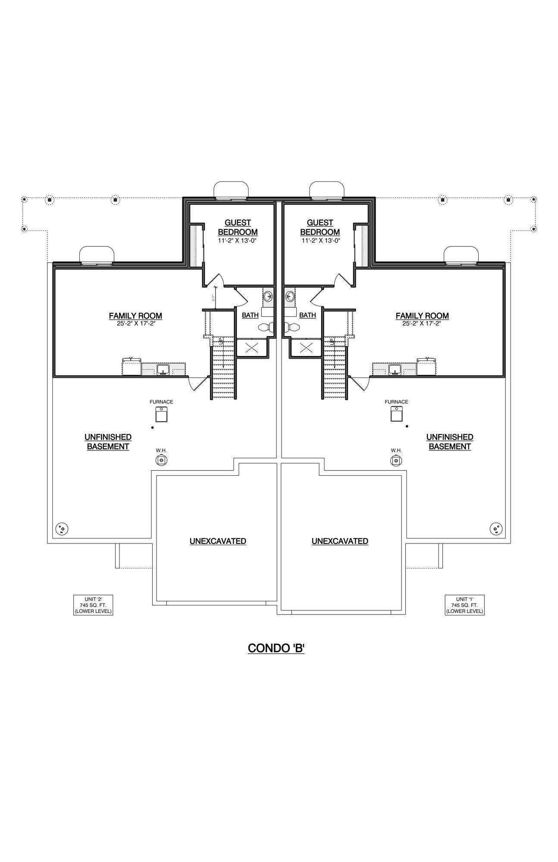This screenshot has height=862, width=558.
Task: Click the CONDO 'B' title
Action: (276, 648)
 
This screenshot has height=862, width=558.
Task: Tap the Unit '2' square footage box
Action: (93, 605)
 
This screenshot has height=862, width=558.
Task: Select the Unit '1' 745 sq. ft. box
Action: (464, 605)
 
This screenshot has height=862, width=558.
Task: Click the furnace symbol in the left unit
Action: (161, 414)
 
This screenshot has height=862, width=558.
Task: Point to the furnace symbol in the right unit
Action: (396, 414)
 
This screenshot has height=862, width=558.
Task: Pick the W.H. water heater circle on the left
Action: (161, 460)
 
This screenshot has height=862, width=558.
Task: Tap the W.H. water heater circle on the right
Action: (396, 460)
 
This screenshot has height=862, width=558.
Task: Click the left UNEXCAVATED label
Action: (218, 541)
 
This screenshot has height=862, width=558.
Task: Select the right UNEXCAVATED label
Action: (340, 541)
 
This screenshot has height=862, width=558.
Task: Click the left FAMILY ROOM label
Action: (135, 316)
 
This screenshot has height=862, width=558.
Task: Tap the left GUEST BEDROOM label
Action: (238, 227)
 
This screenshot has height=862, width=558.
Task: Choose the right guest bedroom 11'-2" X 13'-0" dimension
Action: (321, 241)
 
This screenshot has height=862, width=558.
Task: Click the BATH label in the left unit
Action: (250, 315)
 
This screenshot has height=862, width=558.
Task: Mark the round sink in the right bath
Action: (290, 297)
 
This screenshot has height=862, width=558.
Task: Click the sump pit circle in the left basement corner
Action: (62, 528)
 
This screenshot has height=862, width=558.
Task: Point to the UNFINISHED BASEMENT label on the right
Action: (449, 442)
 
